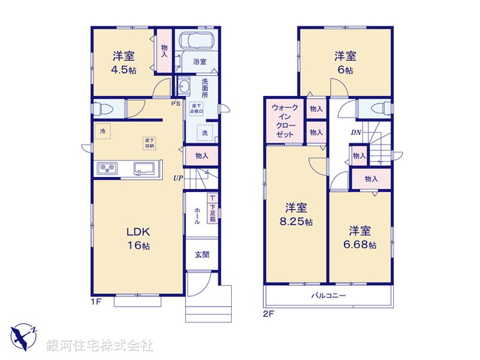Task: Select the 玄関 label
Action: [201, 254]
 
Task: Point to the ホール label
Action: [197, 216]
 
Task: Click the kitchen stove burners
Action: [106, 168]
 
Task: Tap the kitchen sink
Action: [145, 167]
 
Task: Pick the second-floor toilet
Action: [373, 109]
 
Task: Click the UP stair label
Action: [178, 178]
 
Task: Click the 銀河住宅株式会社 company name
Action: [99, 346]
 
